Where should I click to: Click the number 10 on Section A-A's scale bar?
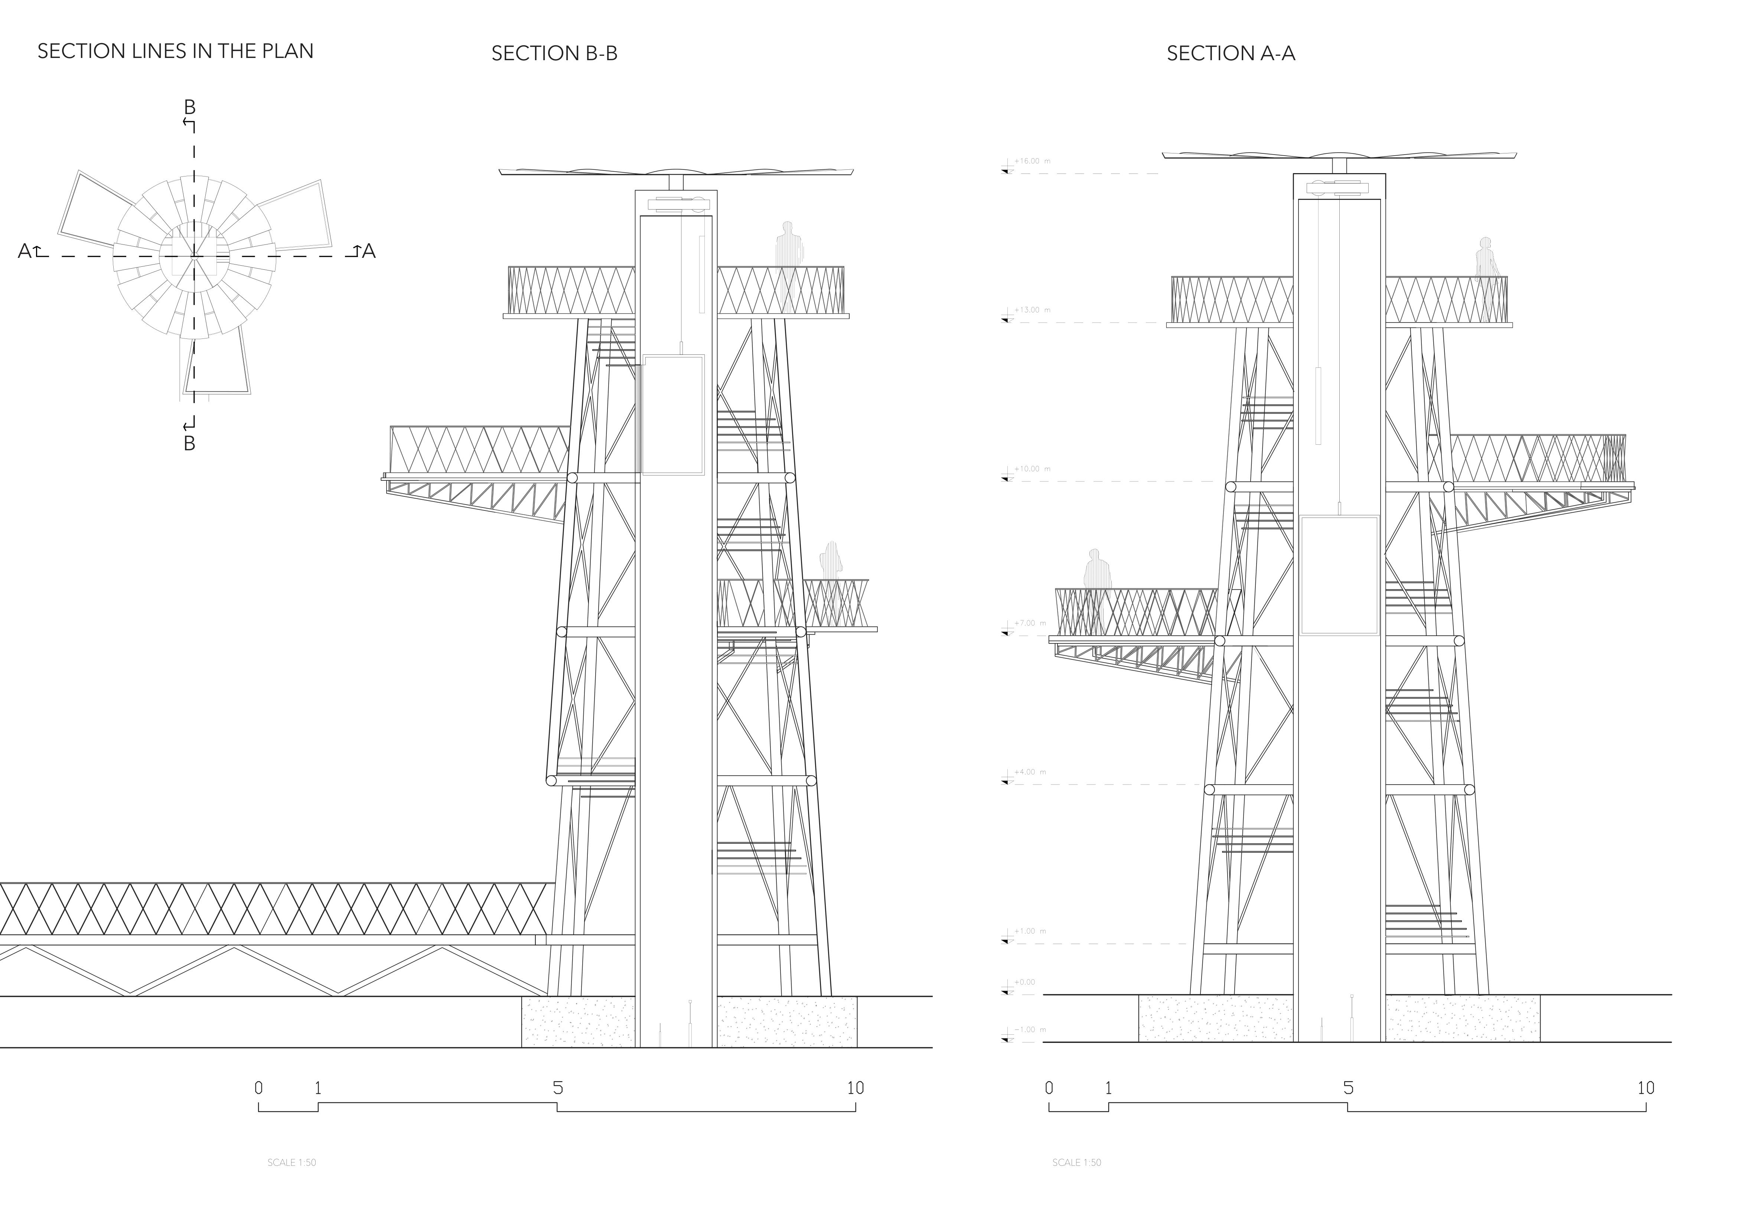click(1645, 1088)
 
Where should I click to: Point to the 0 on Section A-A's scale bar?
click(1049, 1088)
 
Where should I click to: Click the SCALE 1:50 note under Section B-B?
click(291, 1162)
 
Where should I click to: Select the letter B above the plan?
click(190, 107)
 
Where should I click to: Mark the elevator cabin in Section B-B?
click(672, 415)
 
